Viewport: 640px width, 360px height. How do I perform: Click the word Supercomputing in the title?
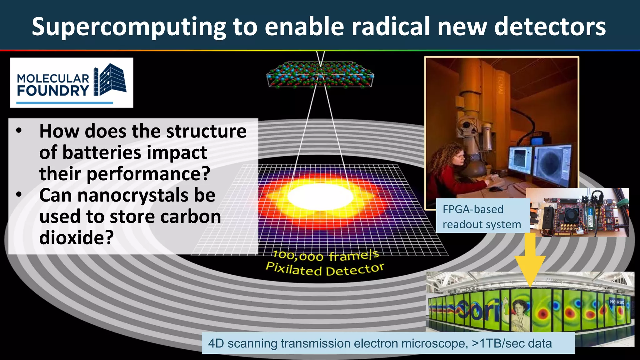129,27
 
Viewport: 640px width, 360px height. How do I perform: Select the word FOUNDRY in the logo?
53,91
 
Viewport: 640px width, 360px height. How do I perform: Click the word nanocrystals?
132,195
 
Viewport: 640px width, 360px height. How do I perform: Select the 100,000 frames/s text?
326,256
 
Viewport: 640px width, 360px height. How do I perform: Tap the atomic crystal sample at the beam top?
320,74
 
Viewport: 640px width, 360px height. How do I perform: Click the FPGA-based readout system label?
482,217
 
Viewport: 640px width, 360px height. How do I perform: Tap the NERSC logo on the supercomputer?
617,302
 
